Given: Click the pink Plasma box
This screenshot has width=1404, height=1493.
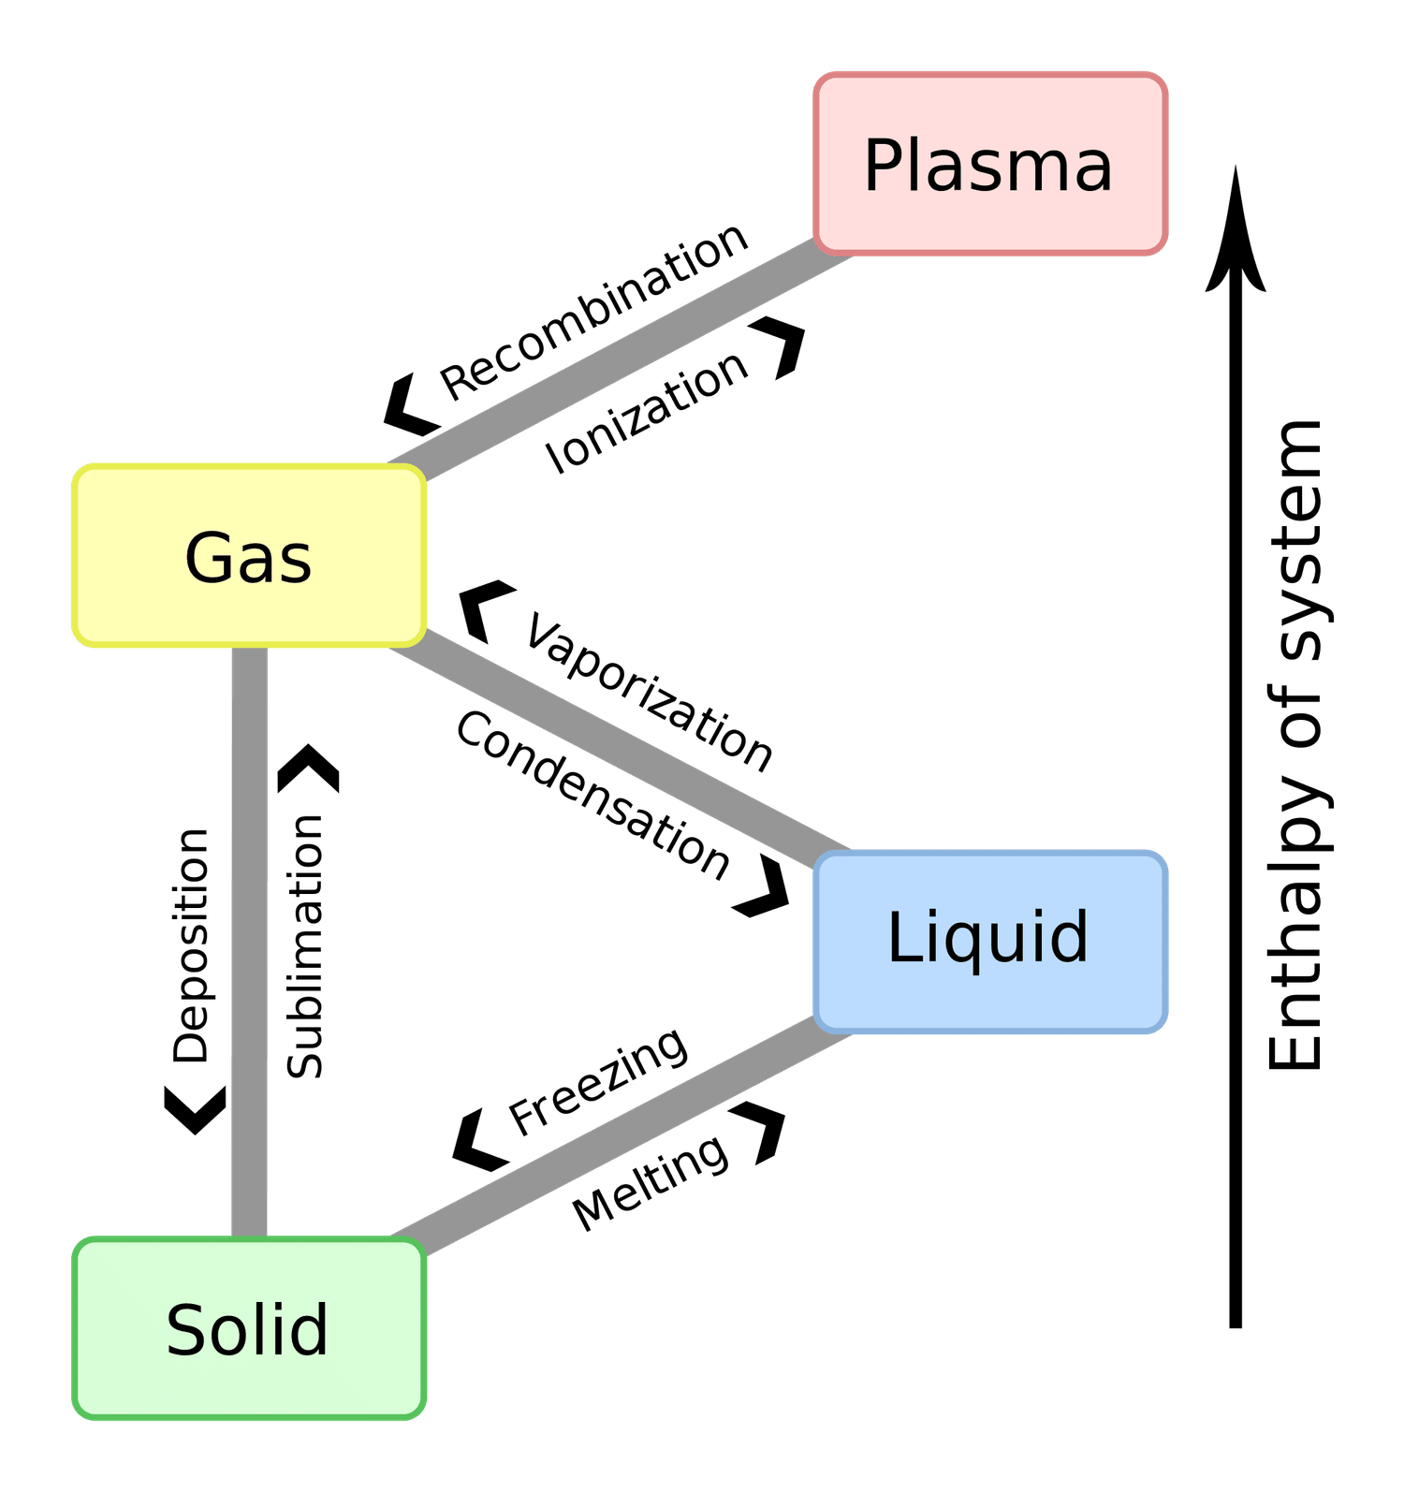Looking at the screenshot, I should point(990,164).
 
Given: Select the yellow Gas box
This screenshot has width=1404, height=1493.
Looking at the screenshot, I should point(249,556).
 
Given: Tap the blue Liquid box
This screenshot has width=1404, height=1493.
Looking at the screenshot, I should point(990,941).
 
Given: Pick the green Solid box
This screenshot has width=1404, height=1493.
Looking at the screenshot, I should point(249,1329).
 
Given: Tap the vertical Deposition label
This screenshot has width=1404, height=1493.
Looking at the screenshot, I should point(192,945).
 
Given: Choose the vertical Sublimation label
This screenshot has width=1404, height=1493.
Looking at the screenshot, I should point(305,946).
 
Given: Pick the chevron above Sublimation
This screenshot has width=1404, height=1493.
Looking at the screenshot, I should point(309,768).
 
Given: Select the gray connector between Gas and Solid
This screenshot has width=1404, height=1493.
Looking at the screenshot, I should point(249,941).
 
